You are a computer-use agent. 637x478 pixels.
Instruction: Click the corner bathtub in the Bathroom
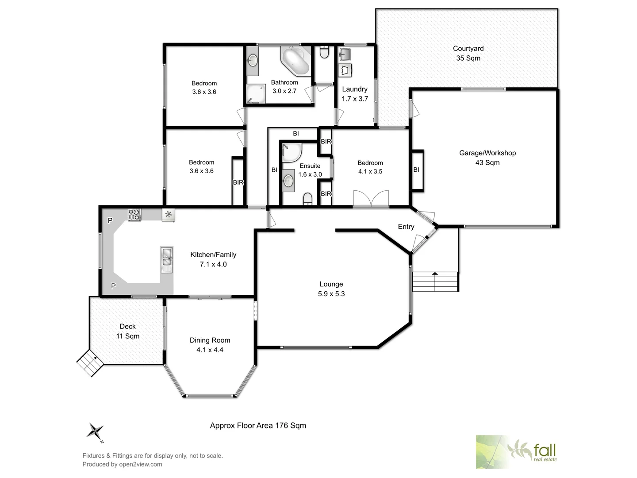click(295, 61)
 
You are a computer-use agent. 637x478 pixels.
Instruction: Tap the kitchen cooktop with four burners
click(134, 215)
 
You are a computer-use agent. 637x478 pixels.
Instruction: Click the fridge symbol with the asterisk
click(168, 215)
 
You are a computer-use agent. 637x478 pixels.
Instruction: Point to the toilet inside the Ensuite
click(308, 200)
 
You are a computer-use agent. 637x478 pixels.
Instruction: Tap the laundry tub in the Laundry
click(345, 55)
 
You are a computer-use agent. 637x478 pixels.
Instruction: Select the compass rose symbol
click(95, 431)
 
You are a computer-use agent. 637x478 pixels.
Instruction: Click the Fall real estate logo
click(516, 452)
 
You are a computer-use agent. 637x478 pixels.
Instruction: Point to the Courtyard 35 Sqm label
click(468, 53)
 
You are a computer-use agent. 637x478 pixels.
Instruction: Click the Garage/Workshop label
click(487, 153)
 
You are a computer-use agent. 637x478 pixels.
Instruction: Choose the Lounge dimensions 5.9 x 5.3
click(331, 294)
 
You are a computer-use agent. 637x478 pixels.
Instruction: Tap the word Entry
click(406, 227)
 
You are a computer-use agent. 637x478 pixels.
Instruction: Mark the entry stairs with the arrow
click(435, 281)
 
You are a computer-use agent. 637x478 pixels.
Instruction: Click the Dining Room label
click(210, 340)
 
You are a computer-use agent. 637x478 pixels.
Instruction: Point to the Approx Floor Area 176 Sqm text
click(258, 425)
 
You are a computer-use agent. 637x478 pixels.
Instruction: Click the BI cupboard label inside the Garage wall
click(416, 170)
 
